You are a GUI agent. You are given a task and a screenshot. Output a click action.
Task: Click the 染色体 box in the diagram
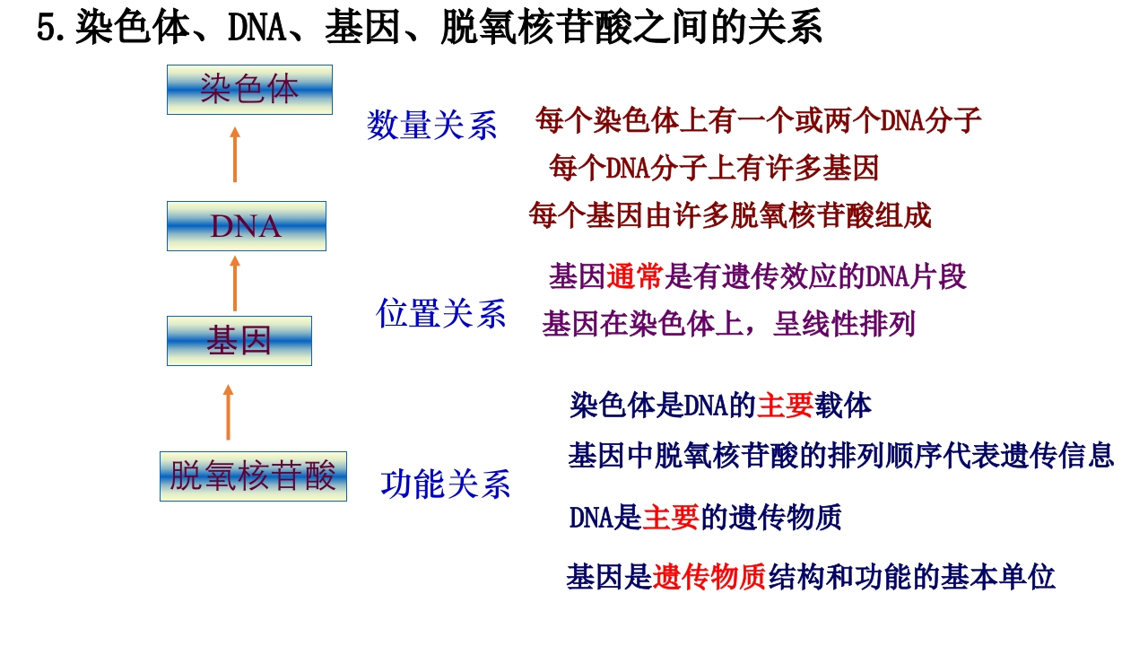249,90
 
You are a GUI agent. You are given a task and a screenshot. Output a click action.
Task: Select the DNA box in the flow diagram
247,226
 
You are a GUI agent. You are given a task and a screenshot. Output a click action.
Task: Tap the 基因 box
239,341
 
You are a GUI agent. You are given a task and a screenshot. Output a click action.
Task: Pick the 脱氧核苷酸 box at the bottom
253,476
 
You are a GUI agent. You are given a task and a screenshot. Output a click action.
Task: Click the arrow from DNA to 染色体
235,154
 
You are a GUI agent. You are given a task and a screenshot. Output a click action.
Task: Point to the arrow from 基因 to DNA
235,284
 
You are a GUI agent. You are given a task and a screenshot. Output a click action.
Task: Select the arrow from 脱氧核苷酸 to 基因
229,412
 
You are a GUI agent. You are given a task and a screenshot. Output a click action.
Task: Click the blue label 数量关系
432,126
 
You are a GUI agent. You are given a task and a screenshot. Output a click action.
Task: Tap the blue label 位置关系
440,313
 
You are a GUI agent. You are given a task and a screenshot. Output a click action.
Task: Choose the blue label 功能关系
446,484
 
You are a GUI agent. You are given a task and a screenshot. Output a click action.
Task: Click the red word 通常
635,277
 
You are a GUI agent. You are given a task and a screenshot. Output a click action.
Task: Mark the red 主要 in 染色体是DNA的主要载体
785,406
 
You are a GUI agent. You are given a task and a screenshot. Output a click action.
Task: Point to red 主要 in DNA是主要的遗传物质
670,517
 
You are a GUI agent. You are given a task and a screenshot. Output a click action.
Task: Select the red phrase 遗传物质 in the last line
709,577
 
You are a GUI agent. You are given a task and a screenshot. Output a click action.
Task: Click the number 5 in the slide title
47,28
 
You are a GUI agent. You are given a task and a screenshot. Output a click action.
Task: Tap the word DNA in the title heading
257,28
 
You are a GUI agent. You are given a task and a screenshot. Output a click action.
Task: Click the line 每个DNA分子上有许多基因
714,168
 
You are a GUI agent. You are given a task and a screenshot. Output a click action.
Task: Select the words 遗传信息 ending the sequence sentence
1057,455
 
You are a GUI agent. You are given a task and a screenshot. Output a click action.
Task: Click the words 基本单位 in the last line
998,577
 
